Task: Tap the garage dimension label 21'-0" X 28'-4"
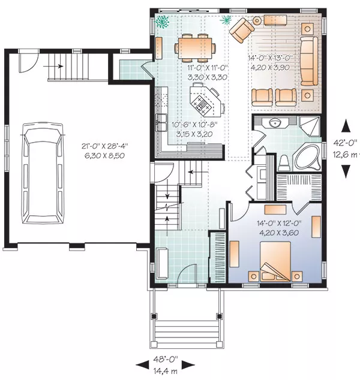tap(104, 146)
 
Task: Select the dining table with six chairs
tap(195, 47)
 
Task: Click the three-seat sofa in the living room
tap(309, 61)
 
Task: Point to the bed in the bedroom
tap(275, 261)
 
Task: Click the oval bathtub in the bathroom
tap(307, 158)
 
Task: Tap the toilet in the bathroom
tap(284, 163)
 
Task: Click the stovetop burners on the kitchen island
tap(201, 104)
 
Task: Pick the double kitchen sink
tap(161, 122)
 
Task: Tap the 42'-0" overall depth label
tap(346, 142)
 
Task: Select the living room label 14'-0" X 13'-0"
tap(271, 58)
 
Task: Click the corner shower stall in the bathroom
tap(309, 126)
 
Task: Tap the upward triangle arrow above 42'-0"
tap(346, 126)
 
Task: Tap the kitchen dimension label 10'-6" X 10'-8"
tap(194, 125)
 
